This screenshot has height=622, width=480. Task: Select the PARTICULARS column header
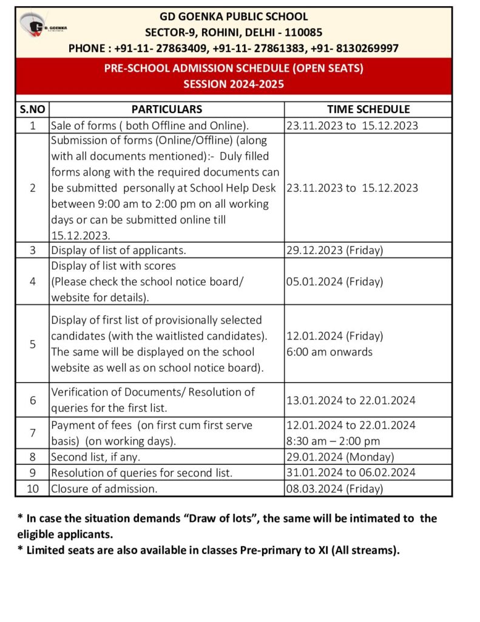click(x=167, y=109)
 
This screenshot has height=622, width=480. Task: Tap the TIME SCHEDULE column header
click(x=368, y=109)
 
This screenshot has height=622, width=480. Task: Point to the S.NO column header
click(x=32, y=109)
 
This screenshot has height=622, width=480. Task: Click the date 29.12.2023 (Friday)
click(x=334, y=250)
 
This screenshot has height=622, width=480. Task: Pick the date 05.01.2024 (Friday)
click(x=334, y=282)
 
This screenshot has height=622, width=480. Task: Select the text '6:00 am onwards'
click(x=330, y=352)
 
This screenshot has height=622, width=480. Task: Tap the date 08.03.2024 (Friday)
click(x=334, y=488)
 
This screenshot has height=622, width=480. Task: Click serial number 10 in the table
click(x=32, y=488)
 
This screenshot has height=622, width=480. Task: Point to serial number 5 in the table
click(x=32, y=344)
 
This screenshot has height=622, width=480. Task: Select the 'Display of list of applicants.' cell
click(x=118, y=250)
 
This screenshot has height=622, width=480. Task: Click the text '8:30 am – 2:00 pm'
click(x=333, y=441)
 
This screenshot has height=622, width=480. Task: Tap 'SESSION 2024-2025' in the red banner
click(x=234, y=84)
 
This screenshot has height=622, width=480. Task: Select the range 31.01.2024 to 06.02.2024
click(x=351, y=473)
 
